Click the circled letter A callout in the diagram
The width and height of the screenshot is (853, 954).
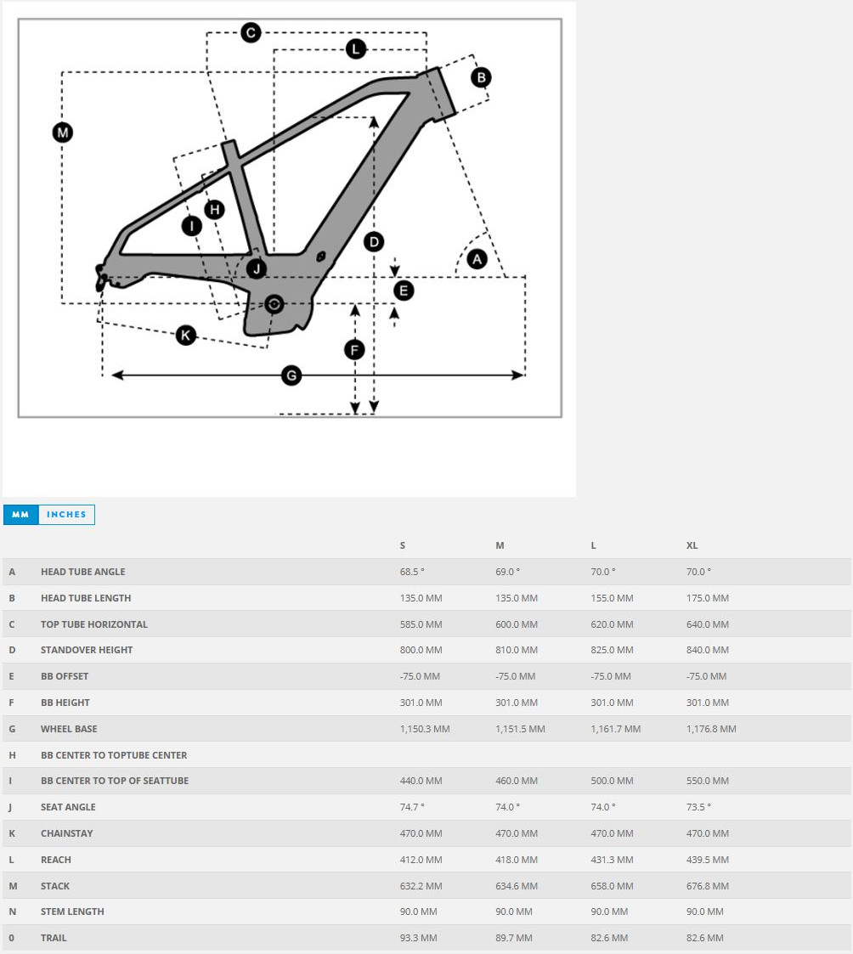click(477, 259)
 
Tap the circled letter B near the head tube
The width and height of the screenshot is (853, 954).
click(481, 77)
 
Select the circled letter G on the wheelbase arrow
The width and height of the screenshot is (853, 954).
click(291, 375)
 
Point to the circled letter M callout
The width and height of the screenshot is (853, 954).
click(62, 133)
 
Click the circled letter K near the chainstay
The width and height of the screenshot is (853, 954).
click(186, 335)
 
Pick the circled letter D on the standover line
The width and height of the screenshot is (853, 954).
click(374, 242)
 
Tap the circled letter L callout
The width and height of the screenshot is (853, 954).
click(356, 49)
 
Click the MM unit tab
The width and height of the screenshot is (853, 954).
click(21, 514)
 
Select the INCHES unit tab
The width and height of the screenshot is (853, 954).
click(66, 514)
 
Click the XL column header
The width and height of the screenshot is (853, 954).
click(692, 545)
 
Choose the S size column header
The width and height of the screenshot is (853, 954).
click(403, 545)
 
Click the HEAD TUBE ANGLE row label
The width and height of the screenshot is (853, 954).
click(83, 572)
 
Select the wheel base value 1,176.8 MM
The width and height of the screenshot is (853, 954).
click(711, 729)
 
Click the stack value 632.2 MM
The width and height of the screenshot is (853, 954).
click(421, 886)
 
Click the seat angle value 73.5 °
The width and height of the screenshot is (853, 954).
click(698, 807)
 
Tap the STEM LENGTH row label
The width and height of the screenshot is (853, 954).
click(72, 912)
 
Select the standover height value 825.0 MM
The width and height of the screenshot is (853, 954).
click(612, 650)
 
